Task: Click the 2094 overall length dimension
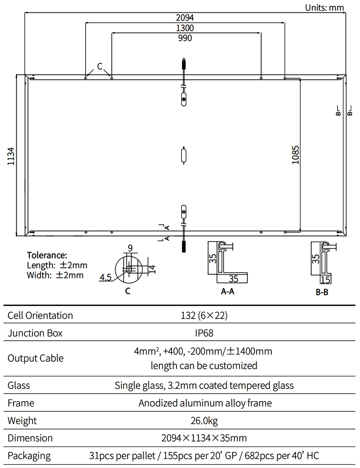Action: [184, 18]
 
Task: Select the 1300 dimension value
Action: [185, 28]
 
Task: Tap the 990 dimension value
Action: [185, 38]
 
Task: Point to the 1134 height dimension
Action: [11, 156]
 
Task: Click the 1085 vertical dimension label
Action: [295, 155]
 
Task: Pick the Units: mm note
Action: [324, 8]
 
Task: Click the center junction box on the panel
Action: [184, 156]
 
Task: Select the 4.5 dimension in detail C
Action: [105, 277]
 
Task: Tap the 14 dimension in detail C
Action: [152, 269]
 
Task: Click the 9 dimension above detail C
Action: [130, 248]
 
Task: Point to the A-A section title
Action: [227, 291]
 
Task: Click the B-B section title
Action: [322, 292]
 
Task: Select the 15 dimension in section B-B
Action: [325, 280]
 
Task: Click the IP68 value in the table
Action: [204, 333]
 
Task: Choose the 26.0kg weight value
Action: [204, 421]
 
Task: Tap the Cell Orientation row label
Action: [40, 315]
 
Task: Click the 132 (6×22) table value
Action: [204, 315]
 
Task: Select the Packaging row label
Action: [29, 456]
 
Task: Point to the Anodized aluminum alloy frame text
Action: [205, 403]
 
